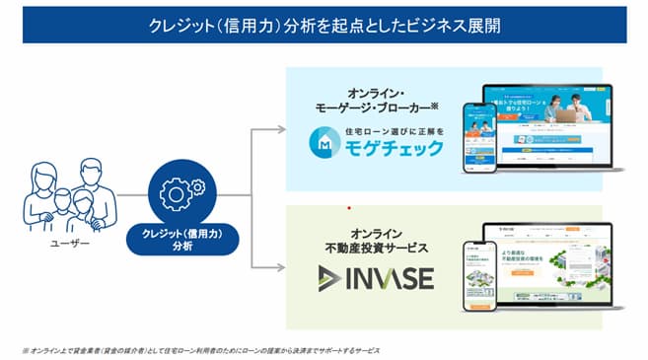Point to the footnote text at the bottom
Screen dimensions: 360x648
pyautogui.click(x=198, y=348)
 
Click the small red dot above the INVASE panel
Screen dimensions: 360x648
pyautogui.click(x=348, y=208)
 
